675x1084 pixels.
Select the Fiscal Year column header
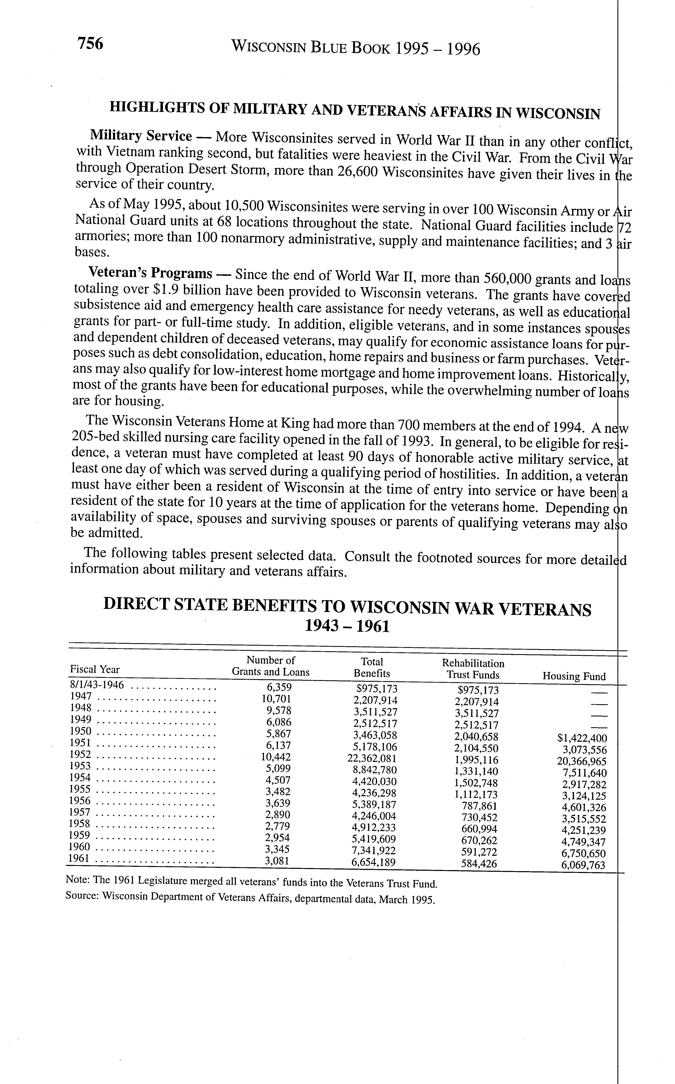coord(95,670)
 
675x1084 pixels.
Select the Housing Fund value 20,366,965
coord(579,761)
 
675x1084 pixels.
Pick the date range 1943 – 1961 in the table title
coord(346,627)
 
